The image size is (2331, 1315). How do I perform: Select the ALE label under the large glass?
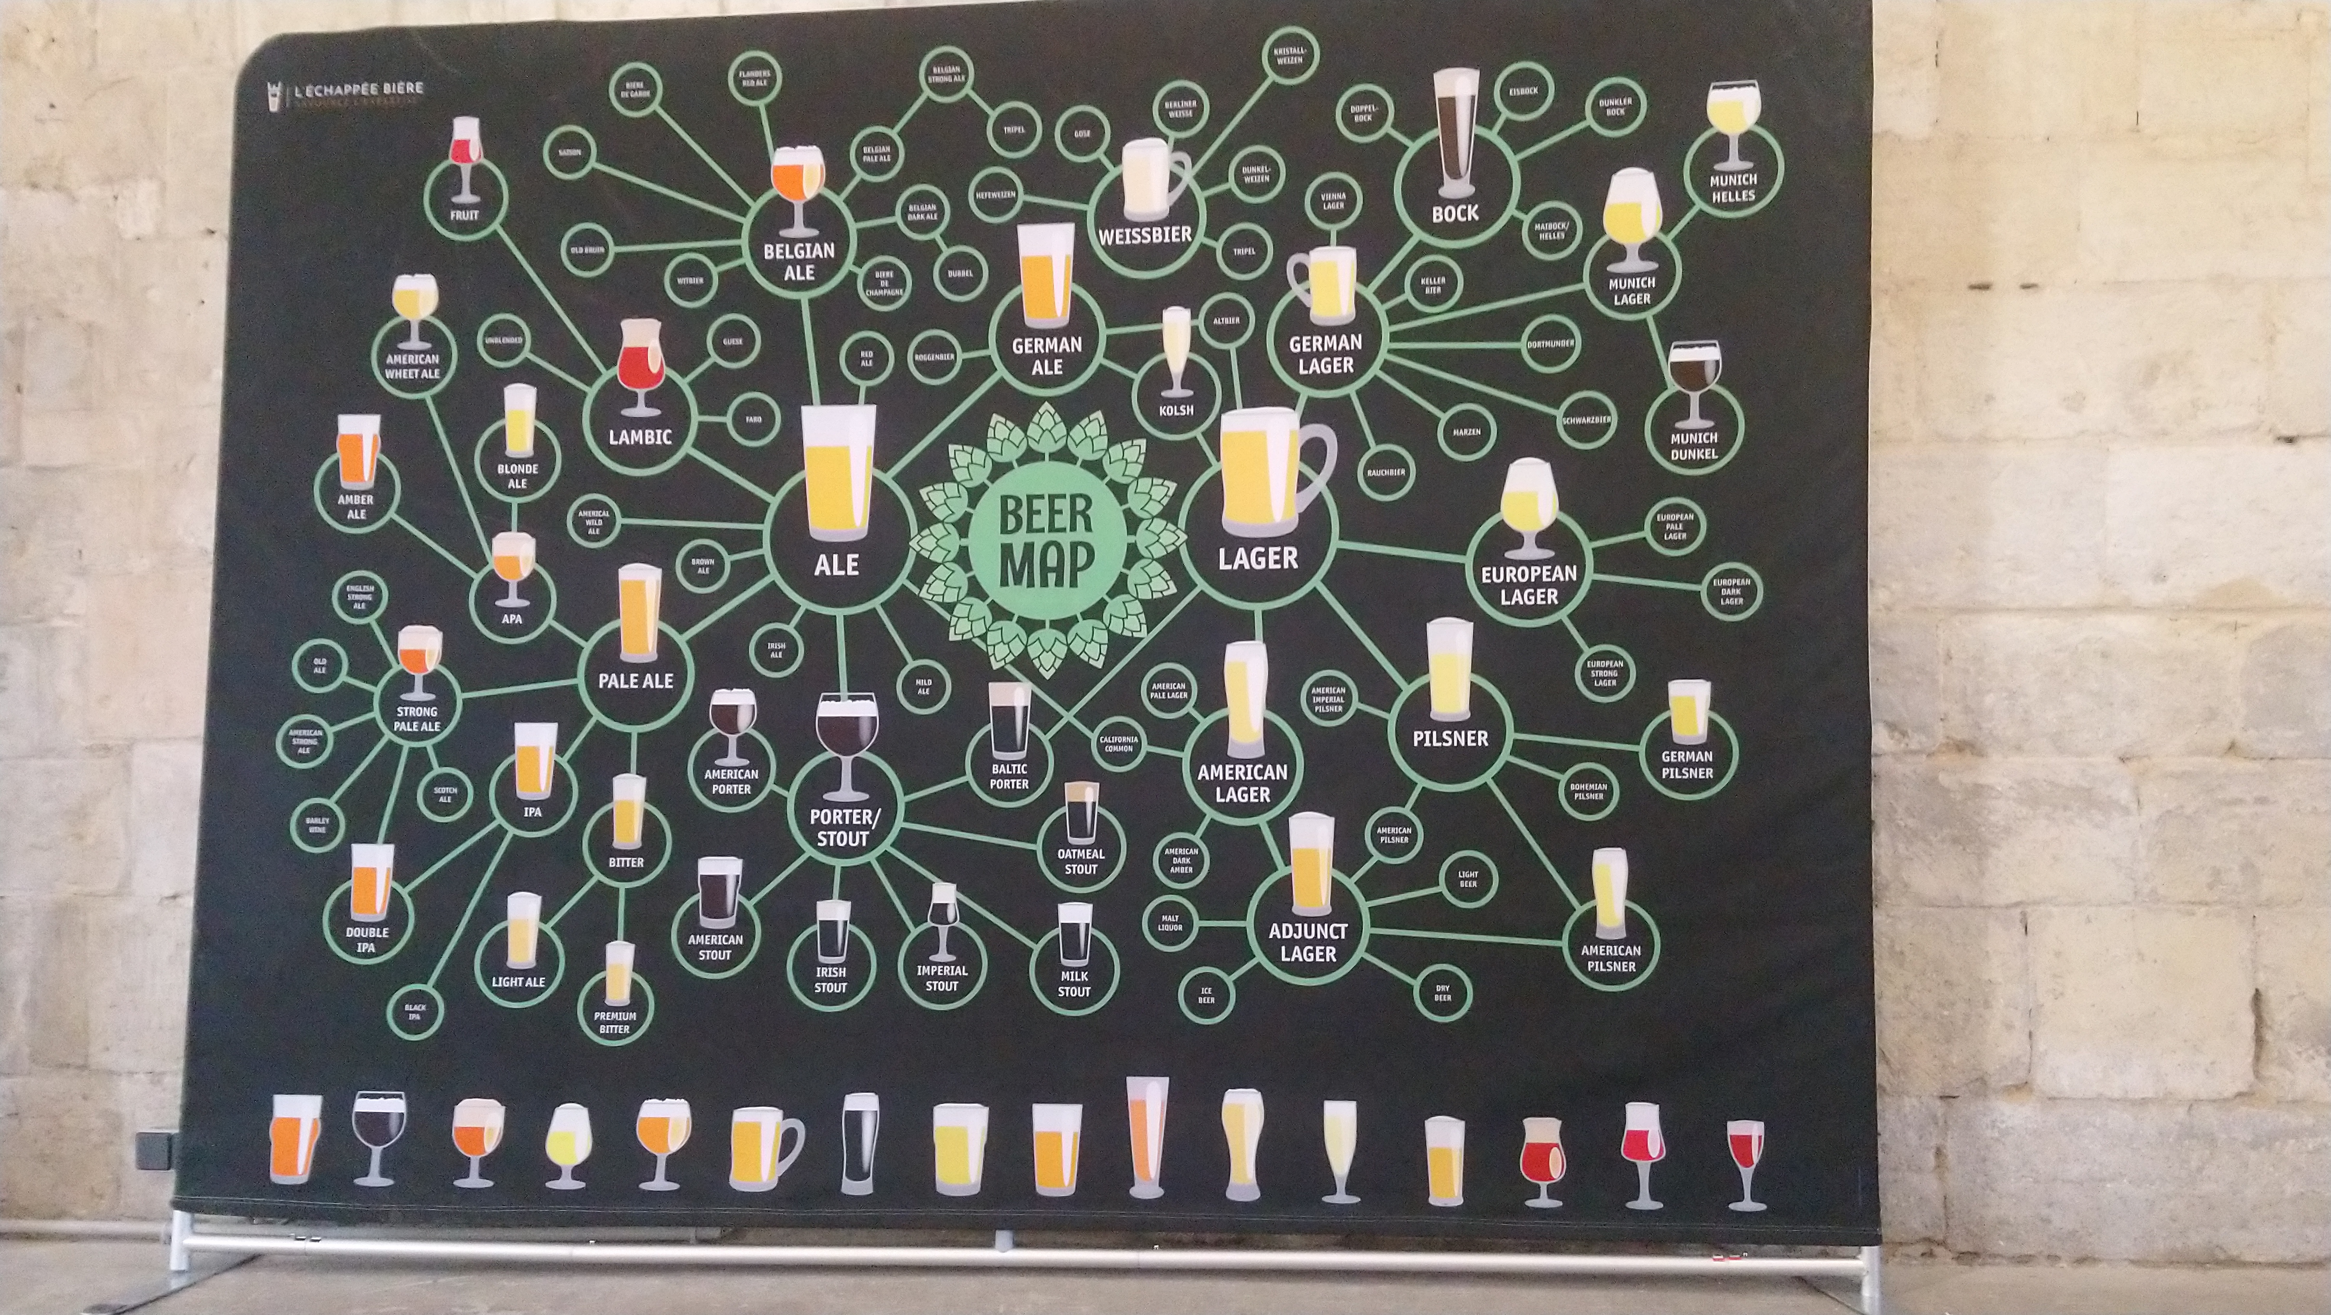click(x=836, y=566)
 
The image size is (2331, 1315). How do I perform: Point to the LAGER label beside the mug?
click(x=1258, y=559)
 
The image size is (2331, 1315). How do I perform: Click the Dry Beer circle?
click(x=1442, y=993)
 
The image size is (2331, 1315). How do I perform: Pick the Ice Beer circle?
click(x=1206, y=996)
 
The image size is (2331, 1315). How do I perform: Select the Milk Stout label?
click(x=1074, y=984)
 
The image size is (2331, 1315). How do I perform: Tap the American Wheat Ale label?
click(x=413, y=366)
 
